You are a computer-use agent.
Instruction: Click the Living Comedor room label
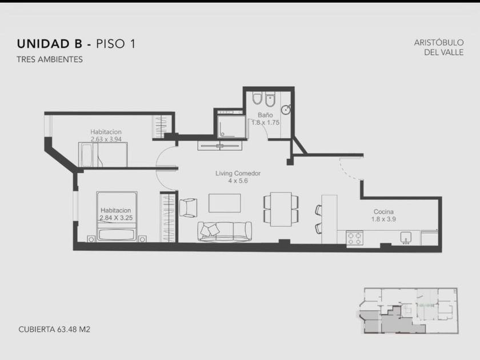pos(238,173)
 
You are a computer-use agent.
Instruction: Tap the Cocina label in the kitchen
pos(383,211)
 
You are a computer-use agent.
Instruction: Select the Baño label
pos(265,115)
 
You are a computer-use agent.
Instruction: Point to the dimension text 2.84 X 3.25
pos(116,218)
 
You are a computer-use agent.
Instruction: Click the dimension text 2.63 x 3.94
pos(106,139)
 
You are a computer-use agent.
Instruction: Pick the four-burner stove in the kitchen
pos(355,238)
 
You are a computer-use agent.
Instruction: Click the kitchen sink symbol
pos(406,238)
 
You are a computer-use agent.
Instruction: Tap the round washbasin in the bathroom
pos(286,109)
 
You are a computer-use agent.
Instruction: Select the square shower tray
pos(231,126)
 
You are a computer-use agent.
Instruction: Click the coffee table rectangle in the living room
pos(225,203)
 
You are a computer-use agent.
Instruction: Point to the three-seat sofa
pos(225,231)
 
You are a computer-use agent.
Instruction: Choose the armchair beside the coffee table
pos(188,207)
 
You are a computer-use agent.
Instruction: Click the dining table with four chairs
pos(281,209)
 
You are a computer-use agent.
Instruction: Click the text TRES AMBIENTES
pos(50,59)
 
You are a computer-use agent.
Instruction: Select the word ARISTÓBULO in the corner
pos(439,42)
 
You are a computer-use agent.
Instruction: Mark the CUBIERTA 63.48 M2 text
pos(54,329)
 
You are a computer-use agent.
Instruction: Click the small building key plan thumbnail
pos(408,311)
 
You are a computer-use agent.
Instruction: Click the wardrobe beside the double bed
pos(168,217)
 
